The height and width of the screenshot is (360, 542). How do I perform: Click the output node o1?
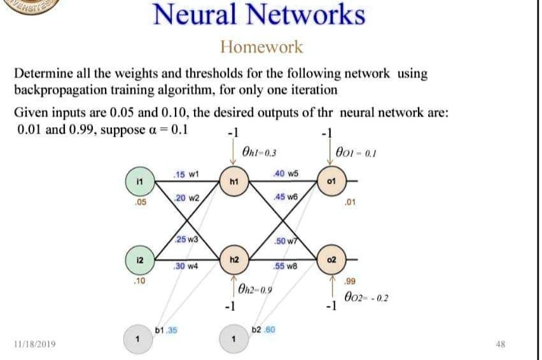[x=330, y=181]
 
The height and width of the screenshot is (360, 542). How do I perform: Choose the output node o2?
[x=330, y=261]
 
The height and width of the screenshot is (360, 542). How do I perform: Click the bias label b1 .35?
[x=166, y=331]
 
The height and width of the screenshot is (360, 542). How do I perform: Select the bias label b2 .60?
[x=263, y=331]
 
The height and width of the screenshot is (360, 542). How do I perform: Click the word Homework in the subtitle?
[x=261, y=47]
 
